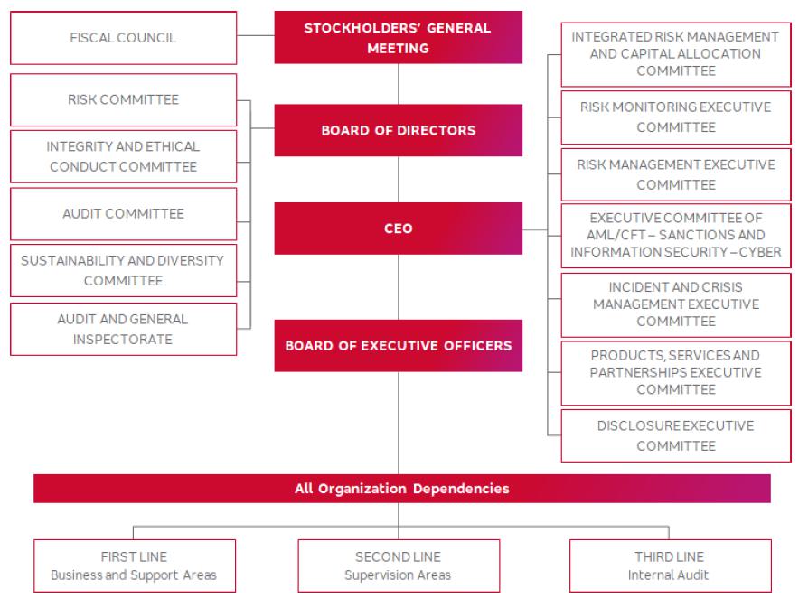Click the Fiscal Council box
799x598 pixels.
(x=123, y=38)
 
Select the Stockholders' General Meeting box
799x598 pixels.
(x=398, y=38)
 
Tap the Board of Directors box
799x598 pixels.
(x=398, y=130)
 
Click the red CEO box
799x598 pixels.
(x=398, y=229)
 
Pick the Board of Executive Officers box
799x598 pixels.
(x=398, y=345)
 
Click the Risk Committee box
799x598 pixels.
(x=123, y=99)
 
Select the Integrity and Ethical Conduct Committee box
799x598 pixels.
(x=123, y=156)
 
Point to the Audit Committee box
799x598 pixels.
(x=123, y=214)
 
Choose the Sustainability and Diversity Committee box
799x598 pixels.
(x=123, y=270)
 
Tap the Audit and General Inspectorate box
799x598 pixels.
(x=123, y=329)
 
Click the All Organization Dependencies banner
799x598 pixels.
(x=401, y=489)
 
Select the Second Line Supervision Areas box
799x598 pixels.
(x=398, y=565)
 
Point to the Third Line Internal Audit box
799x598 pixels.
(x=669, y=565)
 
